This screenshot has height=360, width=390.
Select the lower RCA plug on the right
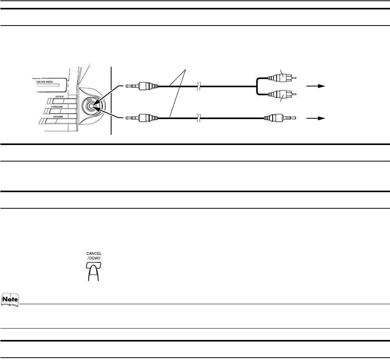click(x=282, y=94)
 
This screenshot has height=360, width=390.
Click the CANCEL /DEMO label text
click(x=94, y=256)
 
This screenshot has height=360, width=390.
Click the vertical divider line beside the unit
click(x=112, y=101)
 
